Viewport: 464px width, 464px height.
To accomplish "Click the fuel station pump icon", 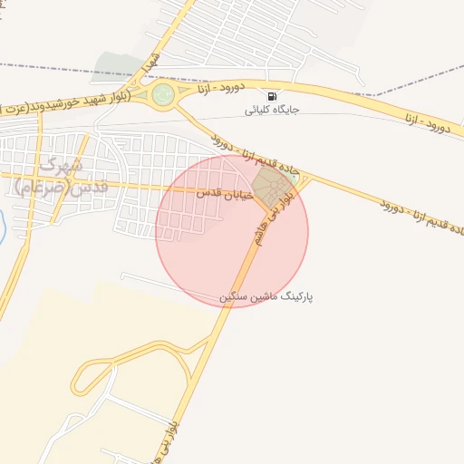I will [271, 96].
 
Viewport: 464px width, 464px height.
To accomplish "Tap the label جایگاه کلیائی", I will [272, 111].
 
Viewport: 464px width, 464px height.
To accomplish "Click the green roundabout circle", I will [163, 94].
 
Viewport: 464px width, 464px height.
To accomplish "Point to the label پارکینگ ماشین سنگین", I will [266, 296].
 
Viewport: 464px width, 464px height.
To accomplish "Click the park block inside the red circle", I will [268, 185].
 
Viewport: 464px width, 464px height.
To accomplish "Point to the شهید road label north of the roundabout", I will [151, 64].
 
